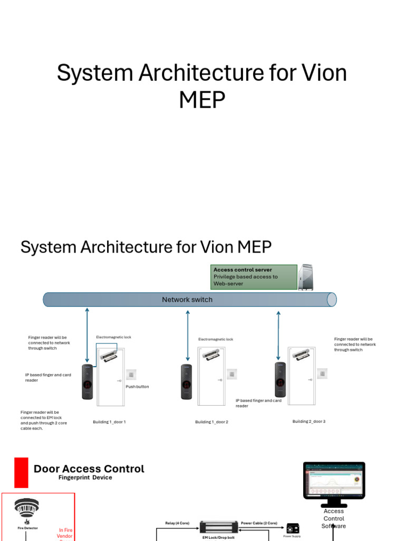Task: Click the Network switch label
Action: (187, 300)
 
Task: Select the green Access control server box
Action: (254, 277)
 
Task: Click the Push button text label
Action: (137, 387)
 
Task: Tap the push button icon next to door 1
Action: (131, 375)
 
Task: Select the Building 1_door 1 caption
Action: (109, 422)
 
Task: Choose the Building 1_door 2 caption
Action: (211, 422)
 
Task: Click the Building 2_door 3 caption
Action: (309, 422)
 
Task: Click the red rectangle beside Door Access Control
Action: (21, 472)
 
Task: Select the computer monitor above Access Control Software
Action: (334, 481)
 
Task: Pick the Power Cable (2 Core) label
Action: (259, 523)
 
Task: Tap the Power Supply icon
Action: (293, 528)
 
